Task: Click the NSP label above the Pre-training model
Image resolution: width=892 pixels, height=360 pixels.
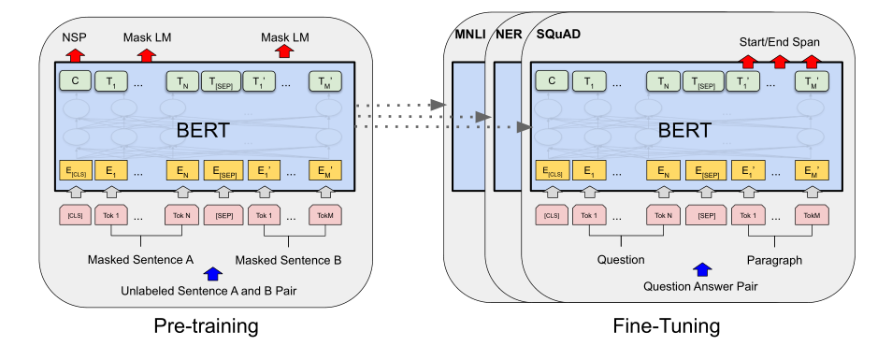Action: [x=75, y=37]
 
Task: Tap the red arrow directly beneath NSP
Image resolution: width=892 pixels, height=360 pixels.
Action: [x=75, y=55]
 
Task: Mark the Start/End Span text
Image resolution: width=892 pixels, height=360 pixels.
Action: [x=781, y=41]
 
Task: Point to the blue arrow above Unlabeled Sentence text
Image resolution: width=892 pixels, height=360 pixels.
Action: [x=213, y=273]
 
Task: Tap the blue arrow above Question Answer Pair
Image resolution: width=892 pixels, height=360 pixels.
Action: [x=698, y=270]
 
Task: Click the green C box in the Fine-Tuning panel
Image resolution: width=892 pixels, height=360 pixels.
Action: [x=551, y=81]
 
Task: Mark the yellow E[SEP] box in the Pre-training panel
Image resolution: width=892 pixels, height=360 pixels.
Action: [x=223, y=170]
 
